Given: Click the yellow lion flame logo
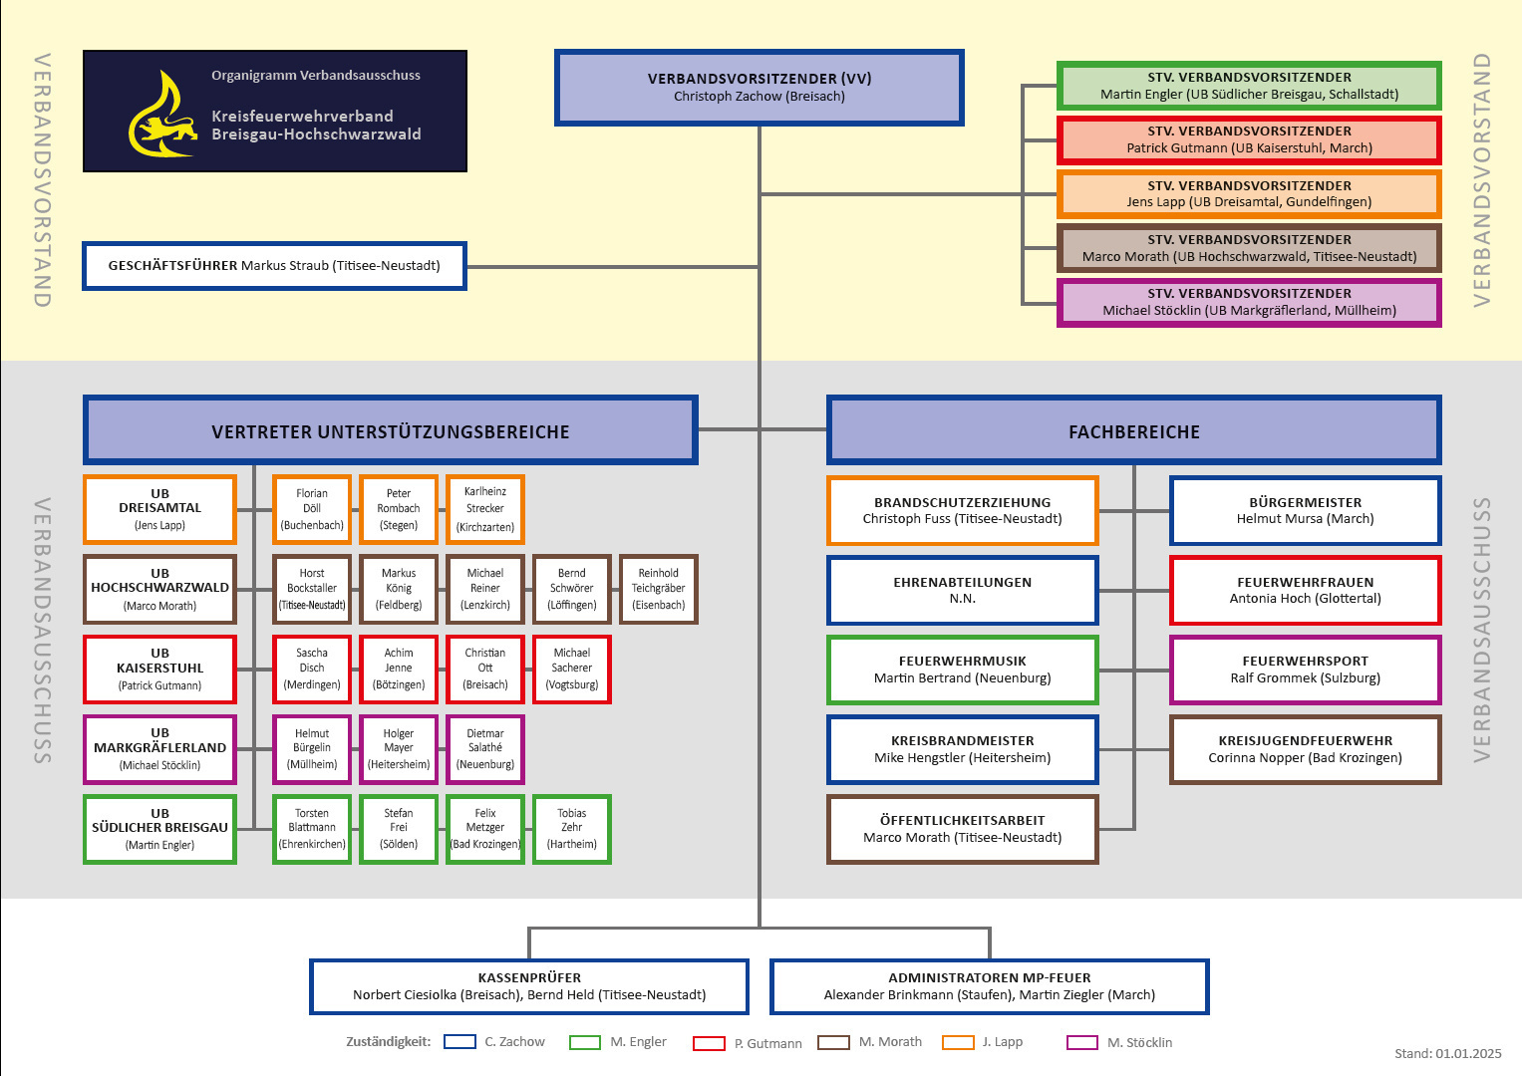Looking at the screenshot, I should pyautogui.click(x=161, y=115).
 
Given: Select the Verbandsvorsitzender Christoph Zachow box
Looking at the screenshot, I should pyautogui.click(x=759, y=88).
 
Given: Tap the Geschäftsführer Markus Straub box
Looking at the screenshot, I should pyautogui.click(x=274, y=266).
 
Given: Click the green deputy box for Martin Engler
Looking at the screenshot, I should pyautogui.click(x=1249, y=86).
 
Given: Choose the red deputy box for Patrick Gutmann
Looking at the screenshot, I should pyautogui.click(x=1249, y=139).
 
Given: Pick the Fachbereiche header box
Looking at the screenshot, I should pyautogui.click(x=1133, y=430).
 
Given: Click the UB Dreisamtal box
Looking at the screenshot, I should pyautogui.click(x=159, y=509).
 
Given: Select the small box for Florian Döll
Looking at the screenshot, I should pyautogui.click(x=312, y=509).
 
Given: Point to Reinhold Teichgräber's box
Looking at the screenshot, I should pyautogui.click(x=658, y=589).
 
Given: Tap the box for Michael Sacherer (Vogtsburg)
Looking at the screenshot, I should pyautogui.click(x=571, y=669).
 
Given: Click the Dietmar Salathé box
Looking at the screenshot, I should pyautogui.click(x=485, y=749).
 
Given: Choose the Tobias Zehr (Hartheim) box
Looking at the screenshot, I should pyautogui.click(x=571, y=829).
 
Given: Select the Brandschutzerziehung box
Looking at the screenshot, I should pyautogui.click(x=962, y=510).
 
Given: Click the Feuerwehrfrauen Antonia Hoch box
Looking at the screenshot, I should pyautogui.click(x=1305, y=590).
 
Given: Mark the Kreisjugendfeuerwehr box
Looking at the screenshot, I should pyautogui.click(x=1305, y=749).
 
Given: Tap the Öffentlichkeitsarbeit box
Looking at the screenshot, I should pyautogui.click(x=962, y=829).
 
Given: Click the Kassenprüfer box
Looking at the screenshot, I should pyautogui.click(x=529, y=986).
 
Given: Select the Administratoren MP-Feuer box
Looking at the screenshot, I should pyautogui.click(x=989, y=986).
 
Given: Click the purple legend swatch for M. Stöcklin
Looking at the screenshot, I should pyautogui.click(x=1081, y=1042).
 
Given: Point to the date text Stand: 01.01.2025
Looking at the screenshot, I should pyautogui.click(x=1447, y=1053).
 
